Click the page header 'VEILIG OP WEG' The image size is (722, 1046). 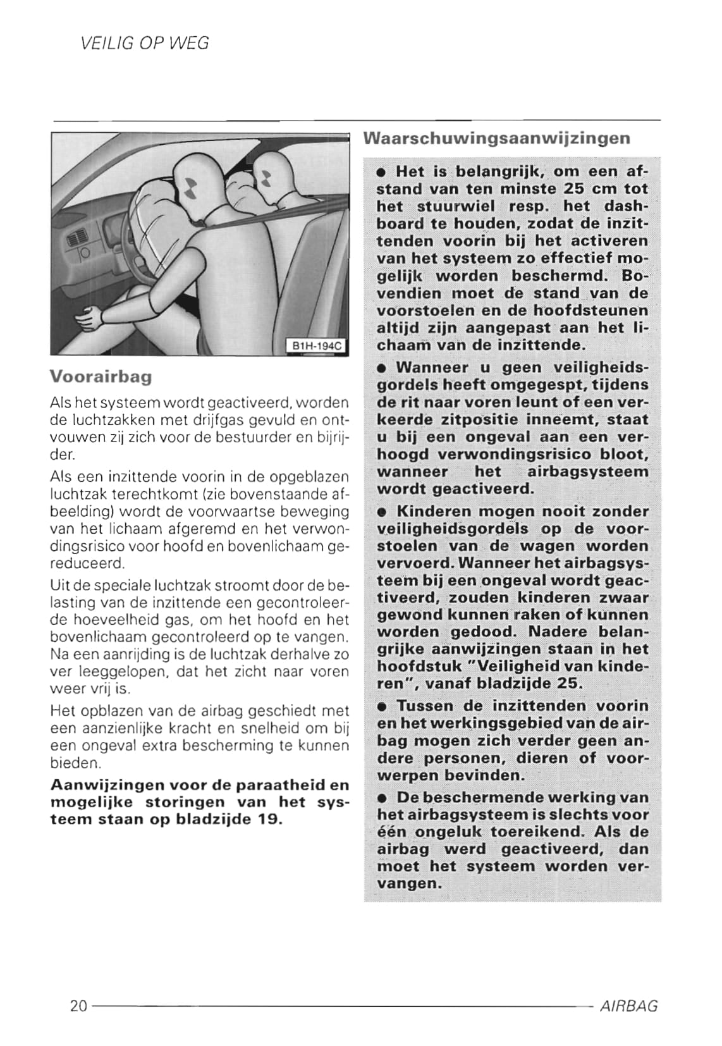tap(145, 44)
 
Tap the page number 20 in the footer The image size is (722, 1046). tap(78, 1006)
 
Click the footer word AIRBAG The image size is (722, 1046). tap(628, 1006)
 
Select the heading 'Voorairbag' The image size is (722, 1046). tap(101, 376)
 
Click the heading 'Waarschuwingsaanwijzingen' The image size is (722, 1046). tap(496, 138)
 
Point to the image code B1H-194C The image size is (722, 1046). tap(317, 346)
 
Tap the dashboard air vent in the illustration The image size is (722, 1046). tap(77, 238)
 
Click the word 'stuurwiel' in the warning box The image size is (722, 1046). tap(456, 206)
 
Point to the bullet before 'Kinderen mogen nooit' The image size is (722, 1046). tap(382, 512)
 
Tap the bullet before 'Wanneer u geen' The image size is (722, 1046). tap(382, 368)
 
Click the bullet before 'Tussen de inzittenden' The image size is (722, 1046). tap(382, 706)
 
